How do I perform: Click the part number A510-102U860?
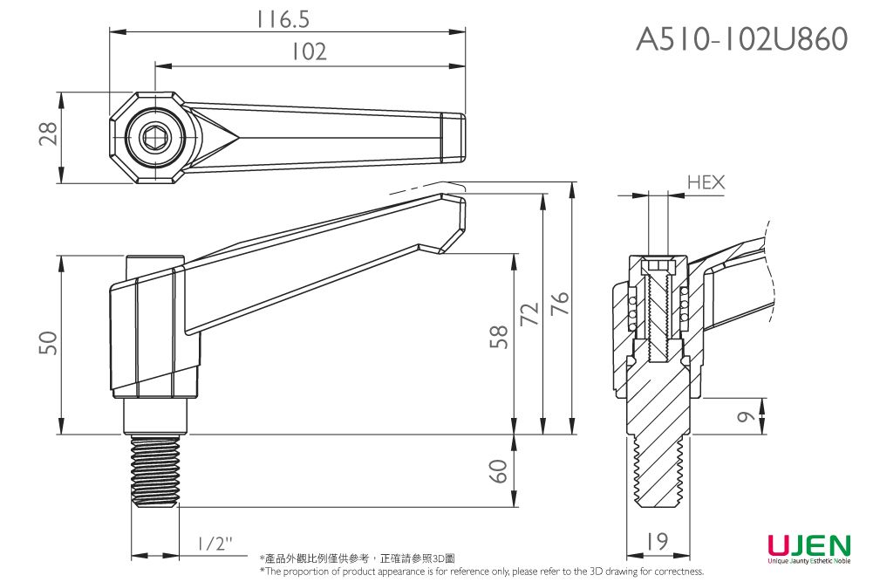point(741,39)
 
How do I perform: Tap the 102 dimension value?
point(309,51)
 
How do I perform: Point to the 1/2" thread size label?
point(215,544)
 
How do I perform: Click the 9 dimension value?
point(744,418)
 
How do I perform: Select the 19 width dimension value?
point(658,542)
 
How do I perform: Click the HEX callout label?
point(706,182)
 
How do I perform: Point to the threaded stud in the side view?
point(156,471)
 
